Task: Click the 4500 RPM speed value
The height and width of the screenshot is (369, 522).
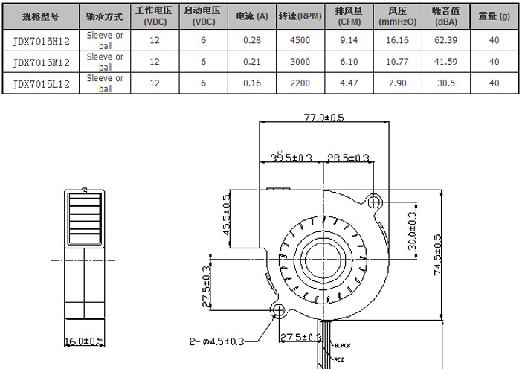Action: pos(300,41)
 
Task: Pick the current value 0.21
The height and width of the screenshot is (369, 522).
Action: pos(251,62)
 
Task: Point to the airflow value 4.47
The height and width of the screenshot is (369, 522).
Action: pos(349,84)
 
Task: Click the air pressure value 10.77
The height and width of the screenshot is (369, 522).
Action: pos(398,62)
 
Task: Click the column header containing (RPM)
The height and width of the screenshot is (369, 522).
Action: pos(300,16)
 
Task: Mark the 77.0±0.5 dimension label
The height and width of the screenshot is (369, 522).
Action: pos(323,118)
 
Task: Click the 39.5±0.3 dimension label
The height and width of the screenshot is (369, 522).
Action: pos(291,158)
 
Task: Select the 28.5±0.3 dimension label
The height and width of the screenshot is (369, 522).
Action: pos(348,158)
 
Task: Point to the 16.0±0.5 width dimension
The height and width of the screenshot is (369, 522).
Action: pos(83,341)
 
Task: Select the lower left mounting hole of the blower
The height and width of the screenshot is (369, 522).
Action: pos(279,309)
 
